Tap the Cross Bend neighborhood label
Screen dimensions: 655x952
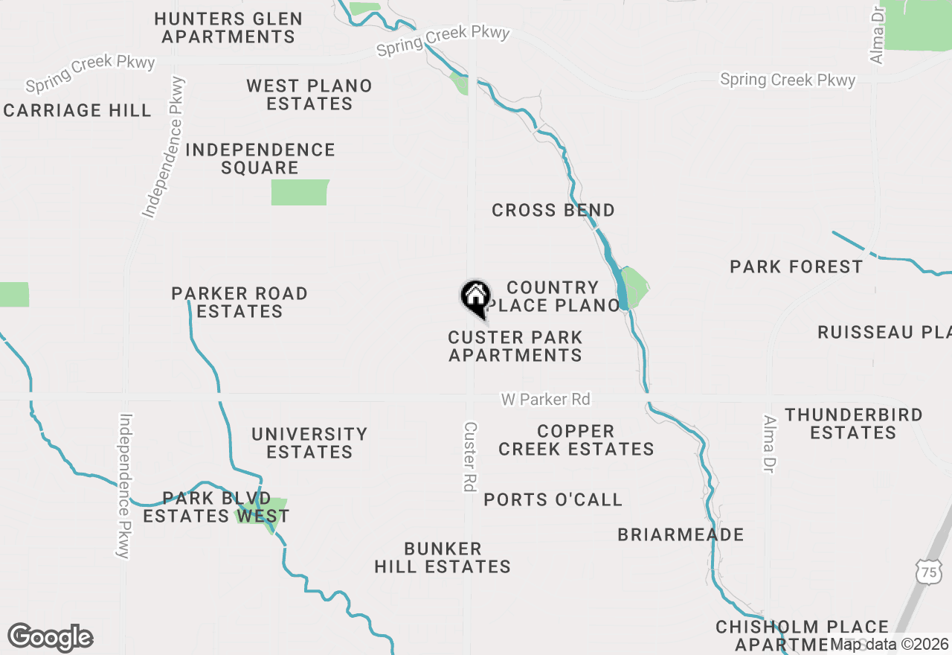click(553, 211)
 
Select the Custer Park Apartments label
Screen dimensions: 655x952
click(515, 346)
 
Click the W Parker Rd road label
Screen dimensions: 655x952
click(545, 400)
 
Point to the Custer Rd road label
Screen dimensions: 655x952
click(469, 456)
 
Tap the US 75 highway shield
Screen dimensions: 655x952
click(927, 572)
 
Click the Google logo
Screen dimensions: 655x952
click(51, 638)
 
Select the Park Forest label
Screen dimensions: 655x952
click(796, 266)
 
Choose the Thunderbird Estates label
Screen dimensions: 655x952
click(853, 424)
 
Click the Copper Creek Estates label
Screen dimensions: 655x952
click(576, 440)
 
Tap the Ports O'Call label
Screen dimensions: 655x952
click(553, 499)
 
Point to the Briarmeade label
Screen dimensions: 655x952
click(681, 534)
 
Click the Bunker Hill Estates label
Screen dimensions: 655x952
click(443, 557)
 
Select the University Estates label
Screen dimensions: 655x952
click(309, 443)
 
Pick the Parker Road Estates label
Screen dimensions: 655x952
click(239, 302)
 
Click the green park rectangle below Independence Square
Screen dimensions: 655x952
click(300, 192)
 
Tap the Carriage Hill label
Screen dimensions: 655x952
click(77, 111)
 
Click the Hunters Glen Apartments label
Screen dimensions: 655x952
click(228, 28)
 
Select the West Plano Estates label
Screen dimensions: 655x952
click(309, 95)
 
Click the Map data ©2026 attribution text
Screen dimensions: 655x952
click(890, 644)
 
